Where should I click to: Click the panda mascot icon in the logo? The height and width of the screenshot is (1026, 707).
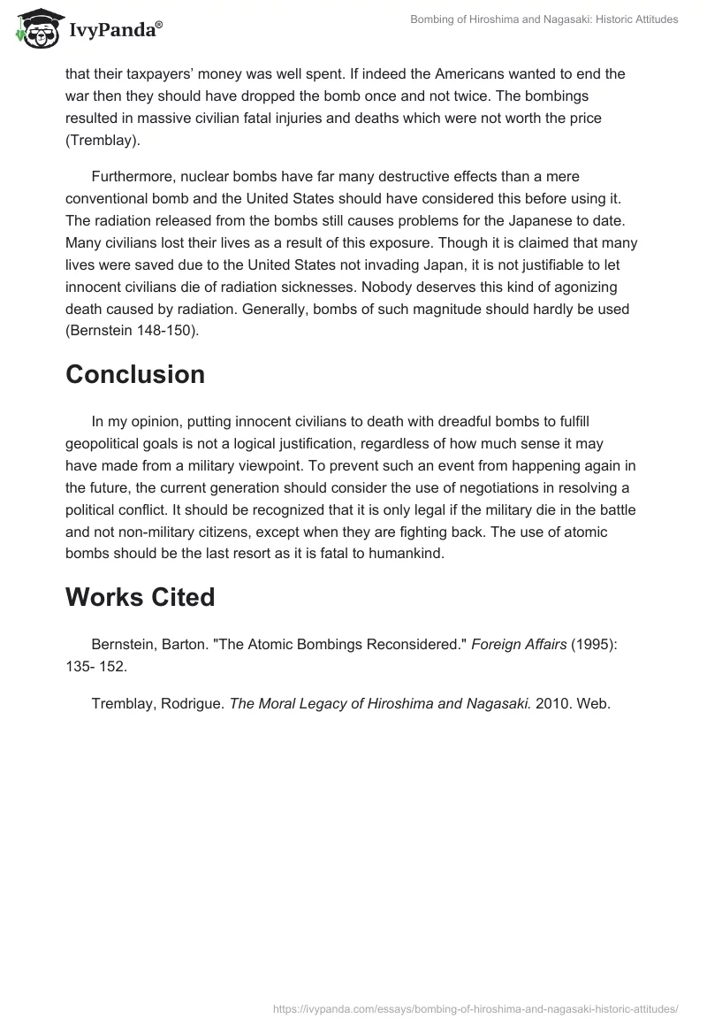[33, 29]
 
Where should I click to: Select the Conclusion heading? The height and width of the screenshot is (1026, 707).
[135, 374]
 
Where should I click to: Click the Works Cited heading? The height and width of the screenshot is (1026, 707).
[141, 597]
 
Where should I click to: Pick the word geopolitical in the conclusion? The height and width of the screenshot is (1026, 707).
[110, 442]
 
